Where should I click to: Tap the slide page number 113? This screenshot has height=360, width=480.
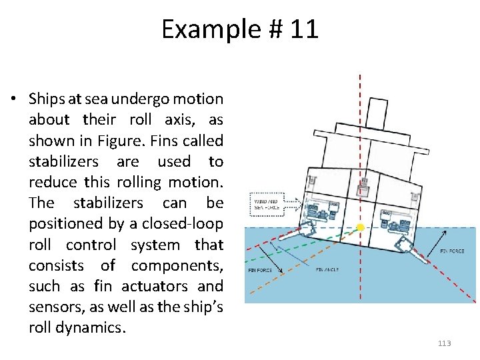444,343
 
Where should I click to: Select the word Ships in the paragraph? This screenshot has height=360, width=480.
46,99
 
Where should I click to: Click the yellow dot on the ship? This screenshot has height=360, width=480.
361,227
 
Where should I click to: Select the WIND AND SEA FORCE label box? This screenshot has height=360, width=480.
267,203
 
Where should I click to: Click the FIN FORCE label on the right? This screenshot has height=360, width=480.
453,251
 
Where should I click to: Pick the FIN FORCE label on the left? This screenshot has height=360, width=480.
260,271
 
